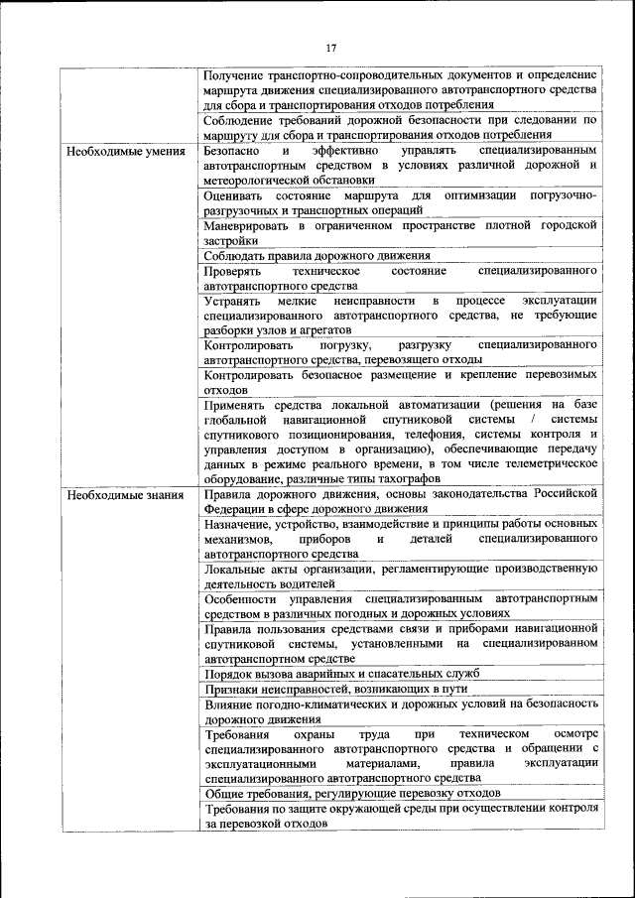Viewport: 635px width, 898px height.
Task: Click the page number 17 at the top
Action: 331,48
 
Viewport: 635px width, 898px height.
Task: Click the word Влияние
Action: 231,704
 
